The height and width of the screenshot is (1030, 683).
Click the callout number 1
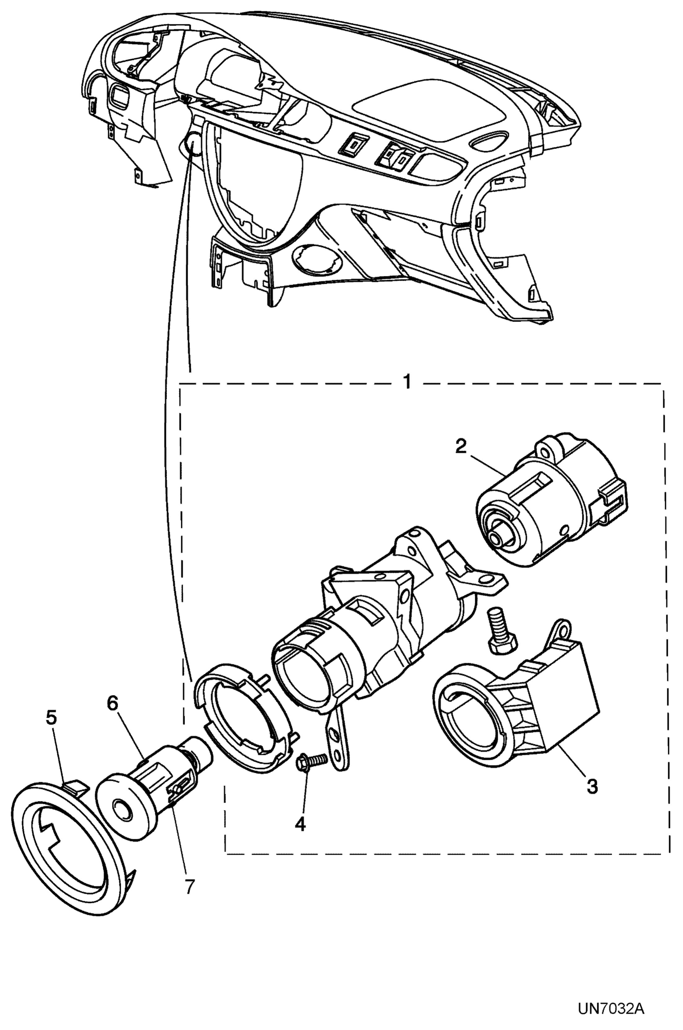coord(406,383)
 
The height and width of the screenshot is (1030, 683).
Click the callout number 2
coord(460,446)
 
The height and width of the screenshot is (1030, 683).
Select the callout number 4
coord(300,824)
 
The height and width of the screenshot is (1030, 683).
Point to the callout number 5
coord(51,718)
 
